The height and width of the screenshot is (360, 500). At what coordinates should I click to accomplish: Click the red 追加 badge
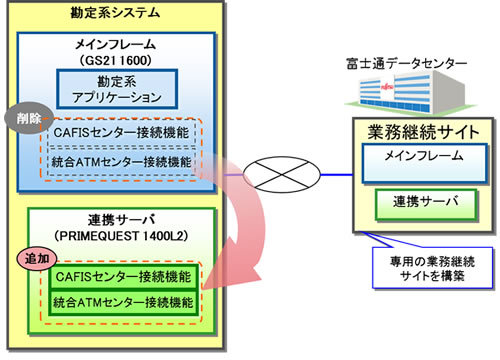click(32, 258)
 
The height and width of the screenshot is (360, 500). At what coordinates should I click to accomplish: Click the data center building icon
click(400, 96)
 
